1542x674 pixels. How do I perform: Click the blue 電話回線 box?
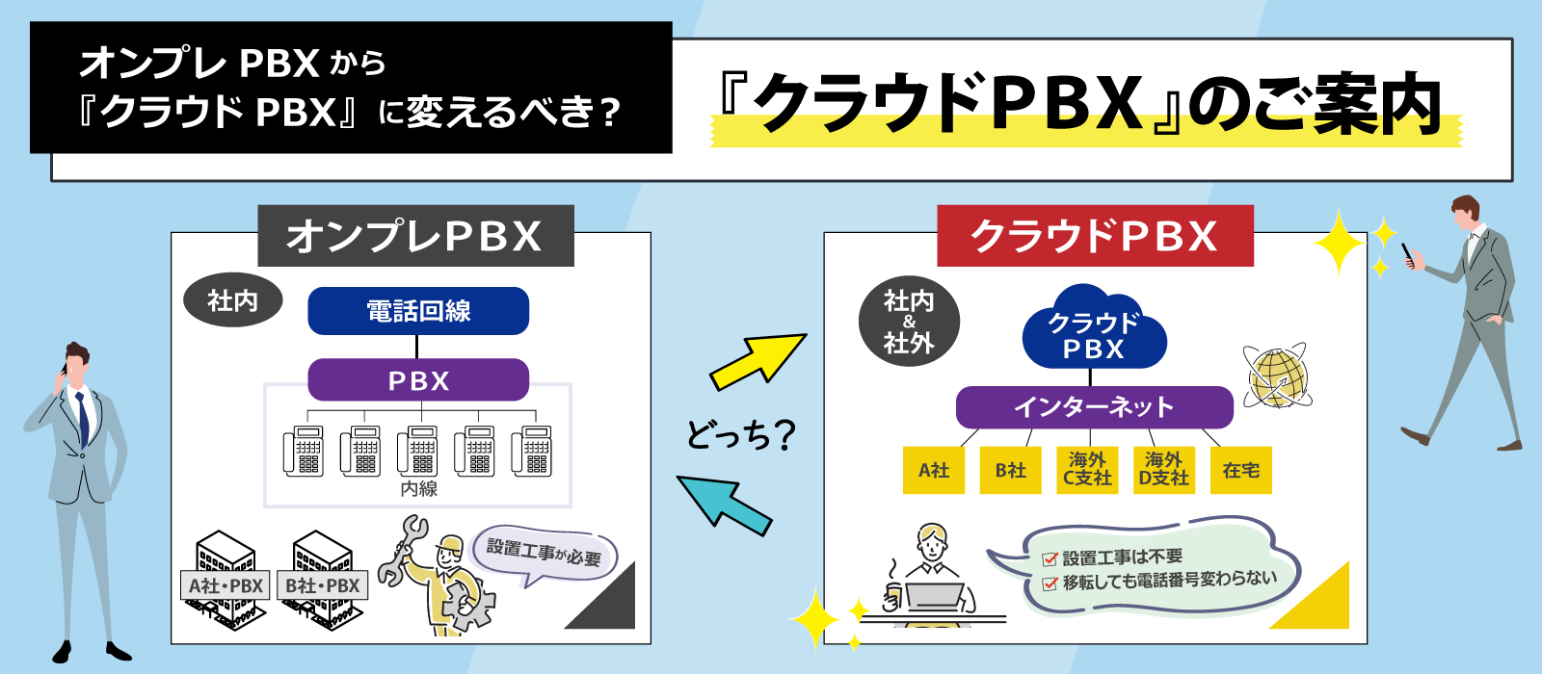coord(418,311)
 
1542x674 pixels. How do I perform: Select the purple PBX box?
coord(418,380)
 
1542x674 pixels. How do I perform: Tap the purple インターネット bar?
coord(1094,407)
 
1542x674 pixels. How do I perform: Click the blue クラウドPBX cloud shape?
coord(1094,332)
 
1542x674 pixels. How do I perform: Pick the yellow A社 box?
coord(933,470)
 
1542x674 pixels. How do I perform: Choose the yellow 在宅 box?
coord(1240,470)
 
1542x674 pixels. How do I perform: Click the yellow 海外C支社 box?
coord(1087,470)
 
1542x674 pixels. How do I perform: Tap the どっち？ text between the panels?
coord(740,434)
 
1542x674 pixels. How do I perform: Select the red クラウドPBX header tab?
coord(1095,236)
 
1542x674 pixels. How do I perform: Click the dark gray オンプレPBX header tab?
coord(415,236)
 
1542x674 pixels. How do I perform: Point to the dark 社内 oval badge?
coord(233,301)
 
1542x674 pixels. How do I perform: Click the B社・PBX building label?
coord(323,585)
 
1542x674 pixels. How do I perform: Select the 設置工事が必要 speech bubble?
coord(545,554)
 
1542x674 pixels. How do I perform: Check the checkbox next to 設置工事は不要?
coord(1050,558)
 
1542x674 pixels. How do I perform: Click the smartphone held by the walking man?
coord(1408,254)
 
